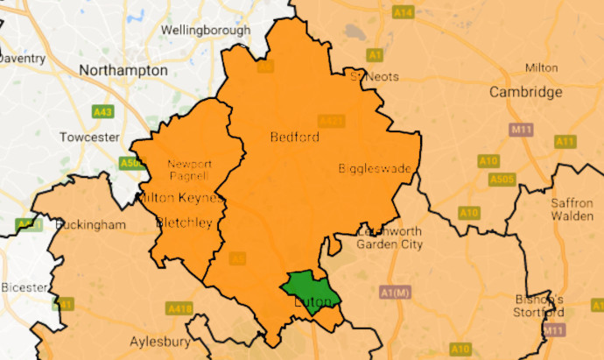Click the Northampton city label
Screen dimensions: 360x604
pos(123,70)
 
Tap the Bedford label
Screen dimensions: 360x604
pos(294,138)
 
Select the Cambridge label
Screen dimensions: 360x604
pos(525,92)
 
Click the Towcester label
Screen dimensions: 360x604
pos(89,138)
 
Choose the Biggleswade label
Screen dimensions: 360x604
pos(375,169)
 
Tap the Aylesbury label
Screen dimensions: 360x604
pos(160,341)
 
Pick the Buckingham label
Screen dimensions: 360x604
pos(91,224)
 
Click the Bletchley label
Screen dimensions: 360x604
pos(184,223)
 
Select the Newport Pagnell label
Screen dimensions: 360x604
pos(190,171)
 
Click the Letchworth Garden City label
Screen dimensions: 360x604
pos(390,237)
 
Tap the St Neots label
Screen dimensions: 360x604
pos(375,76)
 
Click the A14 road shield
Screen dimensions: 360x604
pos(404,12)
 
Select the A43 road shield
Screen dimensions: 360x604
pos(103,112)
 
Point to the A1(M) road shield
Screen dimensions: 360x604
pos(396,292)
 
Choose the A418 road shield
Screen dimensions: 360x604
pos(180,308)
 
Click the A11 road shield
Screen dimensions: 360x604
pos(565,141)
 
